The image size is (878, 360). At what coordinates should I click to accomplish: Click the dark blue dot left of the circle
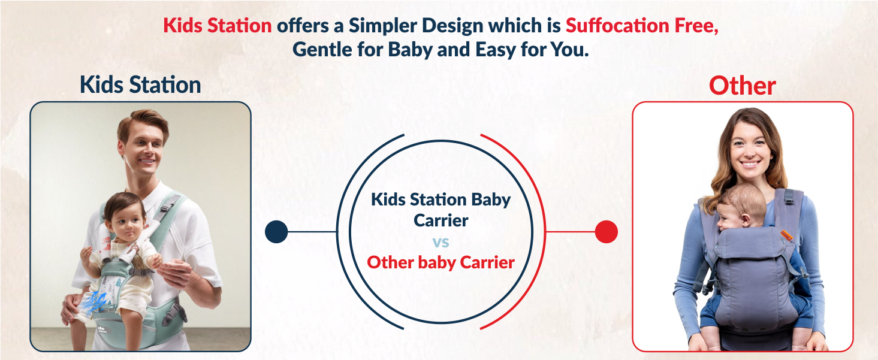point(276,232)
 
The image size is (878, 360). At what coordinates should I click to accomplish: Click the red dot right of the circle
point(606,232)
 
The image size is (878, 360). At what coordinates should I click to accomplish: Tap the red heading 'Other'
point(742,86)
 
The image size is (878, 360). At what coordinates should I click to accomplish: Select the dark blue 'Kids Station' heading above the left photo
point(140,84)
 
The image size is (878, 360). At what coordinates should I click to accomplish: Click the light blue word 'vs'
point(440,242)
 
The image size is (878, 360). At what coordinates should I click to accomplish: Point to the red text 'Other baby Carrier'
point(440,262)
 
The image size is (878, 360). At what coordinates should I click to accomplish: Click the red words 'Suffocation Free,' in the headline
point(641,26)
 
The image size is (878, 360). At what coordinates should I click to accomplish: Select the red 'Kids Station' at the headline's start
point(218,26)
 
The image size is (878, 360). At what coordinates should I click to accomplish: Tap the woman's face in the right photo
point(746,149)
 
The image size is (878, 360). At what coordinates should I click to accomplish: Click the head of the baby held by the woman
point(740,210)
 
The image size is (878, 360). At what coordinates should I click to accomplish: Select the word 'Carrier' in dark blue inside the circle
point(440,220)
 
